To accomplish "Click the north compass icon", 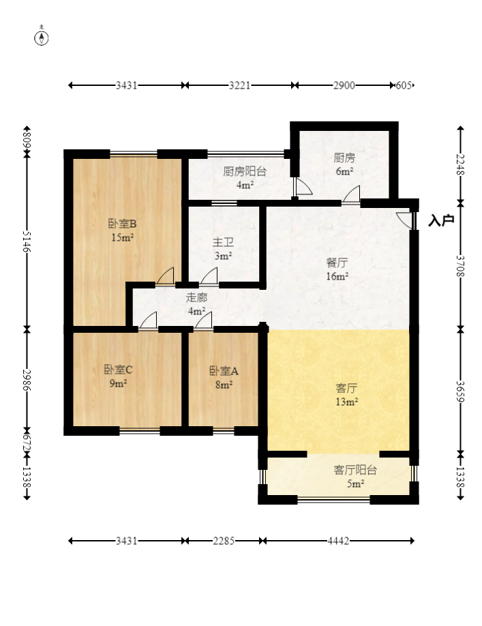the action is click(x=42, y=36).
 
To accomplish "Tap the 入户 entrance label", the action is click(x=441, y=220).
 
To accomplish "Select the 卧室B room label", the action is click(x=122, y=224).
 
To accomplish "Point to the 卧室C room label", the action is click(x=118, y=370).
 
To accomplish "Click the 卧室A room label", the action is click(x=224, y=371).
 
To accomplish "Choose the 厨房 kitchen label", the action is click(x=344, y=158).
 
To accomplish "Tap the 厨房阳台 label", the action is click(x=245, y=172).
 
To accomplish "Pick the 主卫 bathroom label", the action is click(x=223, y=242).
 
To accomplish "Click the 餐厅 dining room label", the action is click(x=337, y=263).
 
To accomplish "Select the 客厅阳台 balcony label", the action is click(x=355, y=470).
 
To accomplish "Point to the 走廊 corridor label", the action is click(x=196, y=297).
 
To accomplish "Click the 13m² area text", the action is click(x=346, y=402).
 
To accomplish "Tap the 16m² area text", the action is click(x=337, y=276).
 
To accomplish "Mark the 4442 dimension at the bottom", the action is click(x=338, y=541).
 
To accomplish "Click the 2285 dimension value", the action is click(x=224, y=541).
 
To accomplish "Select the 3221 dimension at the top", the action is click(x=239, y=85).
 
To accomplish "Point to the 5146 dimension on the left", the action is click(x=27, y=241).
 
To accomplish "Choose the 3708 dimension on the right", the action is click(x=460, y=266).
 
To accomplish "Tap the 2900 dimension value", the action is click(x=344, y=85).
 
